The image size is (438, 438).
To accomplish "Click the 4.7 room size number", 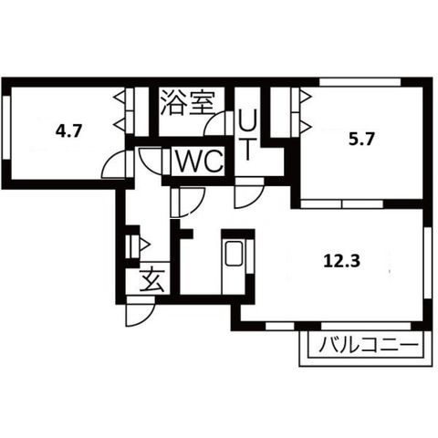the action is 69,131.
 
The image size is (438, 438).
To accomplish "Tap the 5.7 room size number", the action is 361,141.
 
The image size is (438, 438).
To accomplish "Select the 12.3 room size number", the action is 341,261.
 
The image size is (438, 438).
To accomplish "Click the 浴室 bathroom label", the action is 188,102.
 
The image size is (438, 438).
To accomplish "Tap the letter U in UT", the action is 247,121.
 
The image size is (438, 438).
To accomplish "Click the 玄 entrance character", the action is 152,280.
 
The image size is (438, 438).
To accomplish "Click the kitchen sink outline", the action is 234,253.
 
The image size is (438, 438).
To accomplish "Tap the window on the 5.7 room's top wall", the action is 360,82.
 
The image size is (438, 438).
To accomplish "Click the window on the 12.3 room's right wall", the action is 428,262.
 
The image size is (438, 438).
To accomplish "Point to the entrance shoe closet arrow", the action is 144,245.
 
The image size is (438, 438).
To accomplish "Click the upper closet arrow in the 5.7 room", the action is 306,97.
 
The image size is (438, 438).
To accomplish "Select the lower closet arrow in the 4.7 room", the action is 119,124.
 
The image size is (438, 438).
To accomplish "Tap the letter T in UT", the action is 248,149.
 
